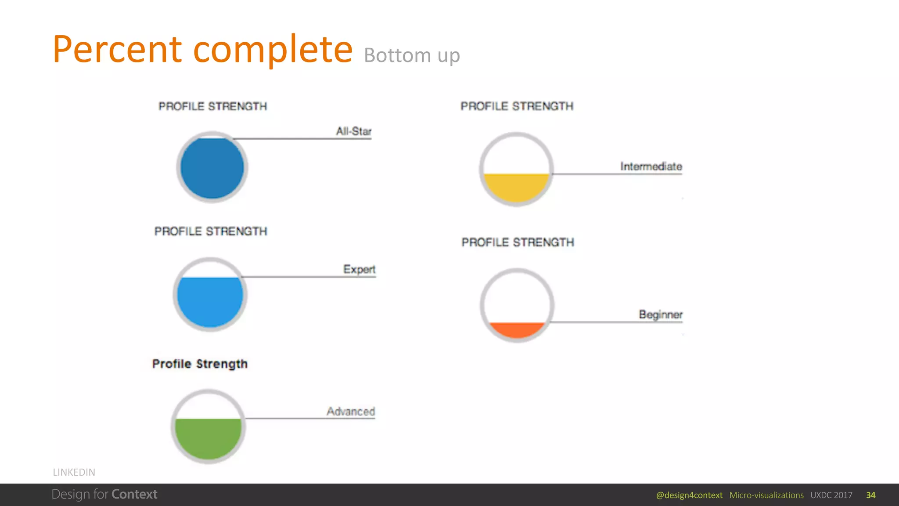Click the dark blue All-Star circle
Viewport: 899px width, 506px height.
click(212, 167)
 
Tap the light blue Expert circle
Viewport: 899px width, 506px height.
click(210, 301)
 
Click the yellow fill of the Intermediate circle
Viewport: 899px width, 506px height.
click(516, 187)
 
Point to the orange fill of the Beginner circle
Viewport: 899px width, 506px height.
click(517, 329)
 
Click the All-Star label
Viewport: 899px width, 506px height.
click(353, 131)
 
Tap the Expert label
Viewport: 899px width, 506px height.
click(359, 269)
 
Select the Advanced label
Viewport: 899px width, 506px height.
click(350, 412)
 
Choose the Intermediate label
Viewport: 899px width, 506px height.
click(651, 166)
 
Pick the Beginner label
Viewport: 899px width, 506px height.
click(660, 314)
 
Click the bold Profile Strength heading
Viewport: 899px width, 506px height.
click(200, 364)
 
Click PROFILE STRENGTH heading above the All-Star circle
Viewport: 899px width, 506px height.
click(212, 106)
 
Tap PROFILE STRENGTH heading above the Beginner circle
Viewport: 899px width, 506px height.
click(518, 242)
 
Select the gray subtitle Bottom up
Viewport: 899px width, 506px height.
click(411, 56)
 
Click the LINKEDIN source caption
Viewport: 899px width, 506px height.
click(74, 472)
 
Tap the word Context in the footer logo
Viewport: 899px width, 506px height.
click(134, 495)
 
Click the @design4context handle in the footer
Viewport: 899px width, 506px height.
click(689, 495)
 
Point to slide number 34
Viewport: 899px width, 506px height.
click(870, 495)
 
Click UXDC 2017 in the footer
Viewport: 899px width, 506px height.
click(831, 495)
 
